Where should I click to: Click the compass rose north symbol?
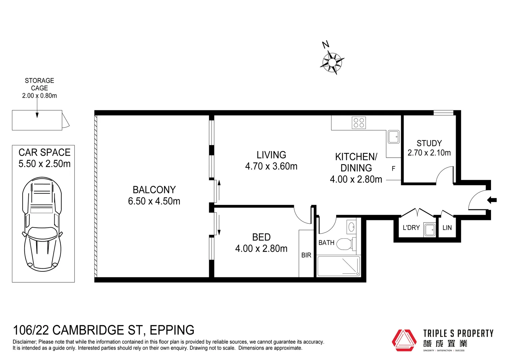click(x=332, y=62)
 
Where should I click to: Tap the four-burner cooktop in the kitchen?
click(x=359, y=123)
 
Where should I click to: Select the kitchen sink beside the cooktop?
click(x=394, y=137)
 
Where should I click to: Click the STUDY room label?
click(x=429, y=143)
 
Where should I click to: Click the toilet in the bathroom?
click(x=345, y=244)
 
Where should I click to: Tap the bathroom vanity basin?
click(x=351, y=227)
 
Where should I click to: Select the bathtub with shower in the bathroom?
click(x=338, y=266)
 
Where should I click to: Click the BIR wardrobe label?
click(x=306, y=255)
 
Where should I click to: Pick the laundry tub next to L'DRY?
click(x=429, y=229)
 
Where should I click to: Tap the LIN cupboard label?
click(x=447, y=228)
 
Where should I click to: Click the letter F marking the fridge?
click(x=393, y=169)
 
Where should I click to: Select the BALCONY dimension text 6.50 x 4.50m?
click(x=154, y=201)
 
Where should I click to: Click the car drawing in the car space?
click(x=42, y=224)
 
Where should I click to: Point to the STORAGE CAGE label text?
click(x=39, y=84)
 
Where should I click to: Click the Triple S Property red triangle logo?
click(x=404, y=340)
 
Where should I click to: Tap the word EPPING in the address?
click(x=172, y=330)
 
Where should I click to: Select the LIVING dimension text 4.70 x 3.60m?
click(x=271, y=166)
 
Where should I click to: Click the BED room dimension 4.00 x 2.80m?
click(x=261, y=249)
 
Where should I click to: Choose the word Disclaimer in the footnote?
click(x=25, y=342)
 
